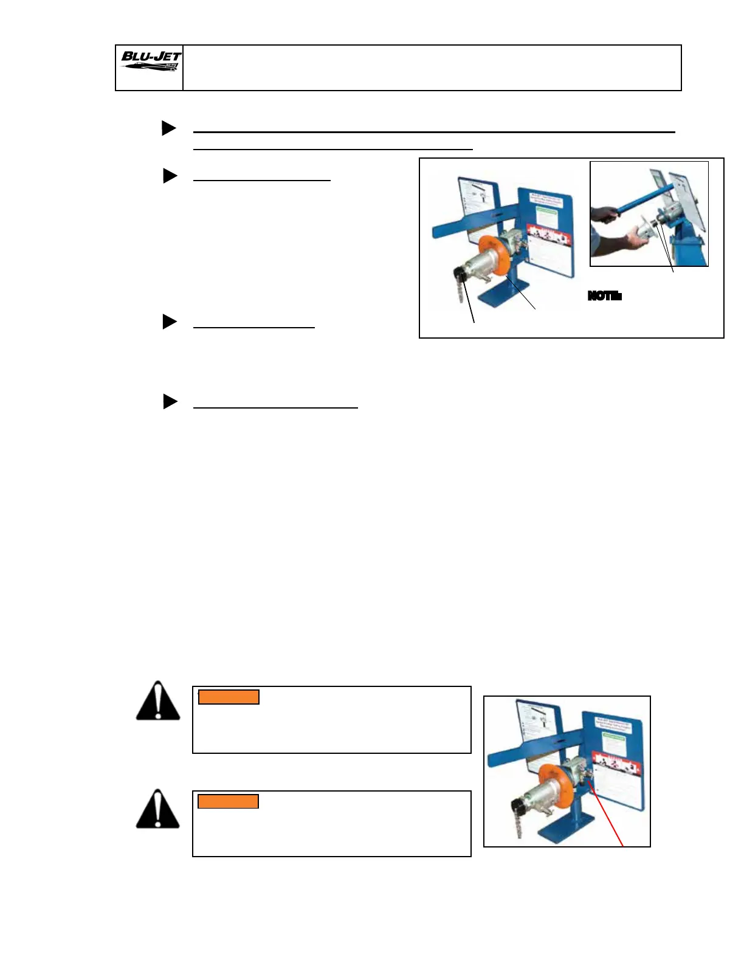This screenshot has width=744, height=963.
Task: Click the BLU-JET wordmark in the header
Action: click(x=151, y=57)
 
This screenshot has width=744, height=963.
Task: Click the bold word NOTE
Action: click(x=604, y=297)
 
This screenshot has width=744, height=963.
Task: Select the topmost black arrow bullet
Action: click(x=169, y=128)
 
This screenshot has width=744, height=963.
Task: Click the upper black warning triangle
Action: click(x=158, y=702)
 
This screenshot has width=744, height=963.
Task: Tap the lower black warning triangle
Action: click(x=158, y=810)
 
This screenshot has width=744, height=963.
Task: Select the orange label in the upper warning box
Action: click(x=229, y=697)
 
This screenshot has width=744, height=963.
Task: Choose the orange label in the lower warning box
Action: click(x=229, y=801)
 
